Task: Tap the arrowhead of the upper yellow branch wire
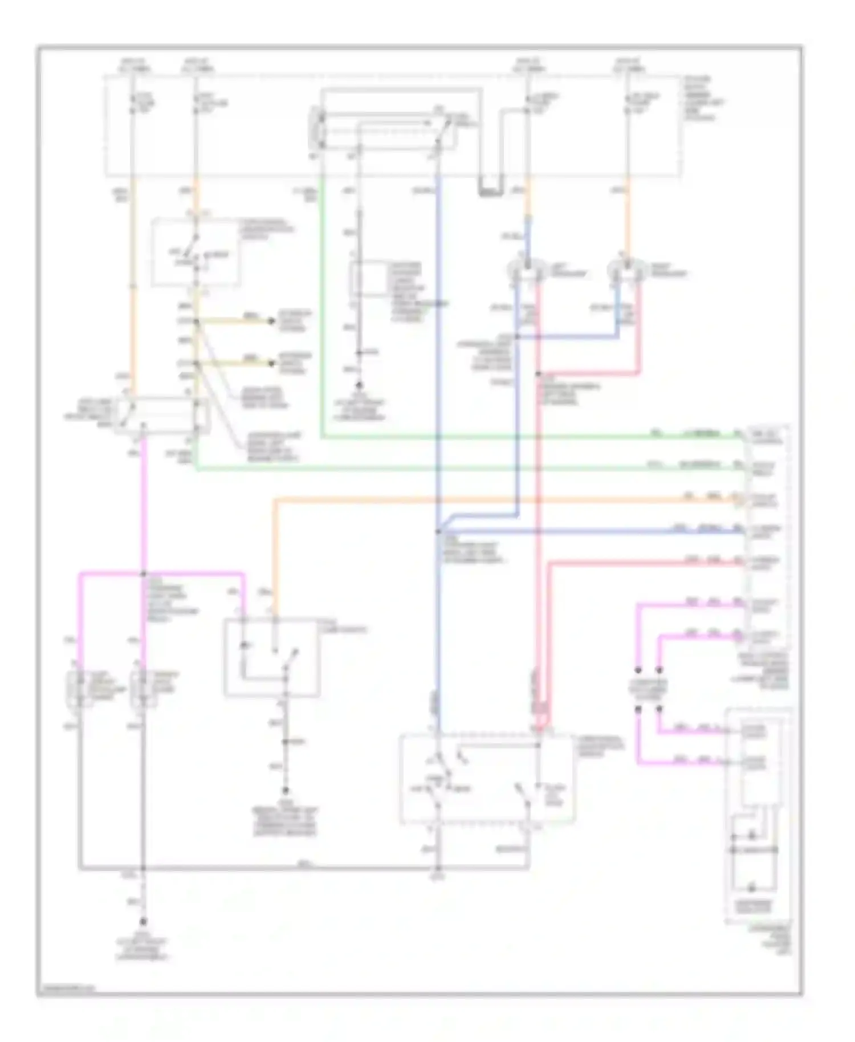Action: click(x=272, y=321)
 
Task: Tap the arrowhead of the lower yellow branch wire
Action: click(x=272, y=363)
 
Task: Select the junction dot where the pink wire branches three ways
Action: click(x=143, y=573)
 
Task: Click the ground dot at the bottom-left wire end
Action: click(x=143, y=922)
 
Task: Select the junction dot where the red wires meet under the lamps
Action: click(x=538, y=375)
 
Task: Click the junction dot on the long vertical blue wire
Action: click(x=438, y=531)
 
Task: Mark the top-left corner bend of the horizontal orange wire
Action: click(x=275, y=501)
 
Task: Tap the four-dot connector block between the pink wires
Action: click(x=648, y=690)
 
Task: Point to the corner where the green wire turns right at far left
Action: click(x=197, y=470)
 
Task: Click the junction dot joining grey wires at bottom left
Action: click(x=143, y=868)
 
